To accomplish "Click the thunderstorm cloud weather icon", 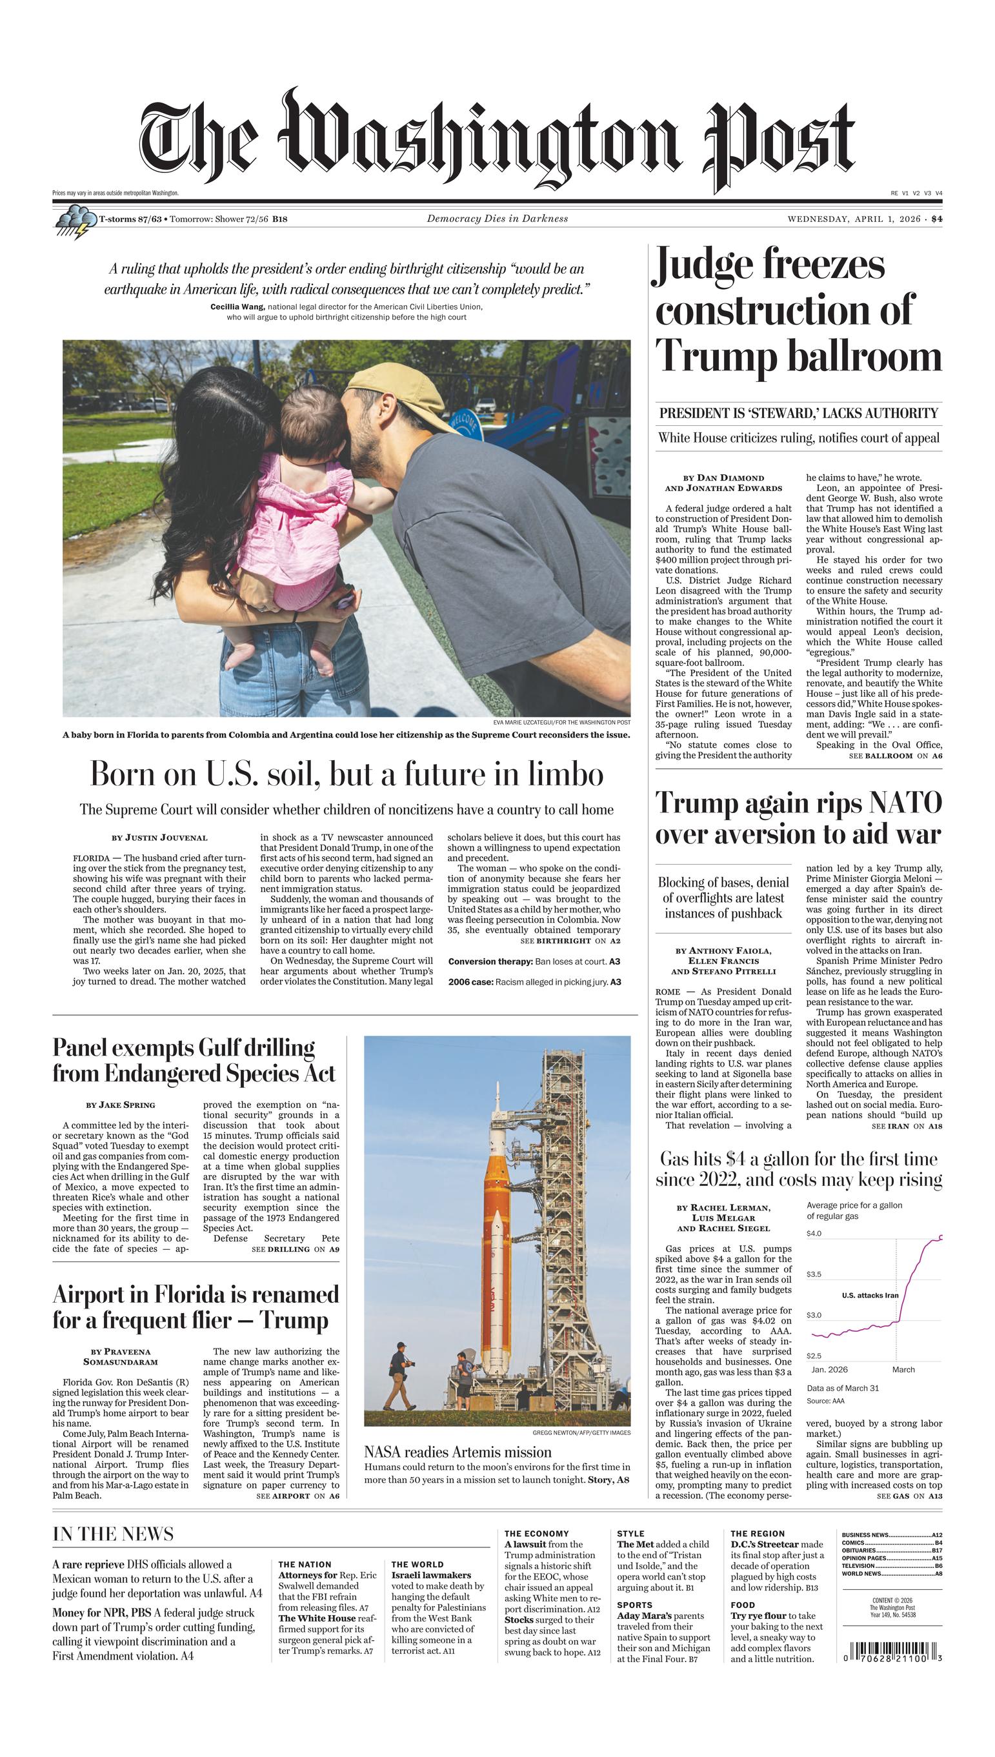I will tap(75, 222).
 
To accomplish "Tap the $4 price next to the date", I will tap(936, 219).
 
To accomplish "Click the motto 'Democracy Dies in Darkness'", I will tap(497, 219).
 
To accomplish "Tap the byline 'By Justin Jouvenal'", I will tap(159, 838).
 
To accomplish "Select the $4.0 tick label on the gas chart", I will tap(813, 1233).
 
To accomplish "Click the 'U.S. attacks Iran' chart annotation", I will tap(869, 1294).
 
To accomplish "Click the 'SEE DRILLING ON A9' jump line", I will tap(296, 1249).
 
